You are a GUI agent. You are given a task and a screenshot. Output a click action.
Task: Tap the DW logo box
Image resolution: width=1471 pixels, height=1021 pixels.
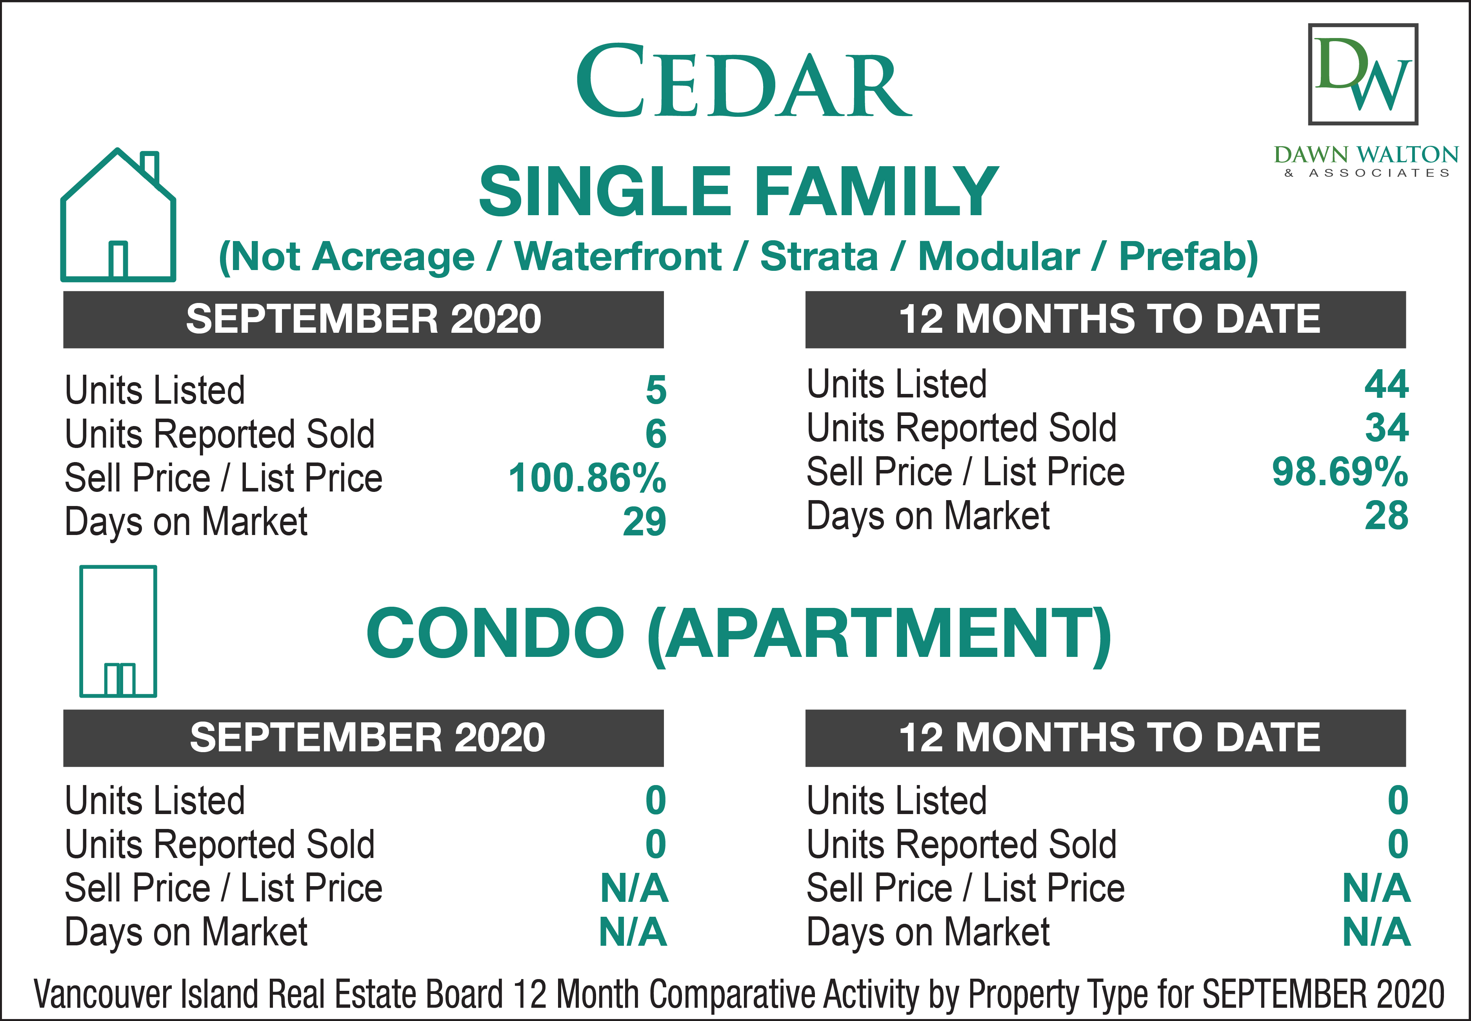1363,74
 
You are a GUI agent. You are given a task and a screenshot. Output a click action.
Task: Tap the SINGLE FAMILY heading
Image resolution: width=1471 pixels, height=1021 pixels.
739,191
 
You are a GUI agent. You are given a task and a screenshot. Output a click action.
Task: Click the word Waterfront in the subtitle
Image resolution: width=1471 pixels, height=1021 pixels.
618,257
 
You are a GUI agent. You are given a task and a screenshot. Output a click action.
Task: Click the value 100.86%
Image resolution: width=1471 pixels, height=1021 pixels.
587,478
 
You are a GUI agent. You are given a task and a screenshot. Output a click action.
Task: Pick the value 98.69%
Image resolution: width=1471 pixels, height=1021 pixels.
1340,472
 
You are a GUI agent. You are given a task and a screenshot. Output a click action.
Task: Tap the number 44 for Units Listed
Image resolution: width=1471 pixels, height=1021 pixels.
1387,384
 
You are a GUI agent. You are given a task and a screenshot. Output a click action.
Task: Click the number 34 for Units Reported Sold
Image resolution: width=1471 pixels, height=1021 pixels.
1387,428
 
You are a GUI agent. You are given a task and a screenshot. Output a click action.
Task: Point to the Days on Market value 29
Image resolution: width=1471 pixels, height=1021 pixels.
645,522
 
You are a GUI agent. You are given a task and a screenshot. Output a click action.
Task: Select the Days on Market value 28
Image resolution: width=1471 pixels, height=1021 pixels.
1387,516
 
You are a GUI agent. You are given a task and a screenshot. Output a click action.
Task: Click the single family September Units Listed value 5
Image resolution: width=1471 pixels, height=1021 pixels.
656,390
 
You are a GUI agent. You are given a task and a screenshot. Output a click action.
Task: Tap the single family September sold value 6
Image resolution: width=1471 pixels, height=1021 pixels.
656,434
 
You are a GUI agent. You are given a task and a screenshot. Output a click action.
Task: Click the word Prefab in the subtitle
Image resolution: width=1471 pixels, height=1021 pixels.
1188,257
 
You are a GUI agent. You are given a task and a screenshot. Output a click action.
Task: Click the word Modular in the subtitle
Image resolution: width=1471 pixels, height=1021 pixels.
998,257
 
